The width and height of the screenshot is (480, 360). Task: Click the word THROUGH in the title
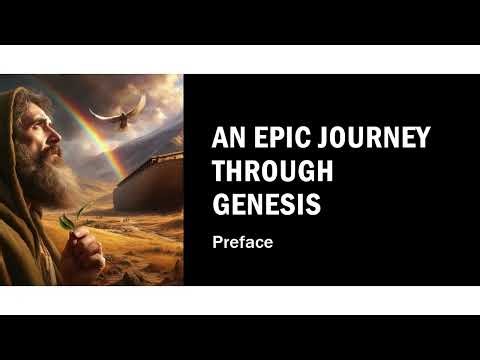(273, 171)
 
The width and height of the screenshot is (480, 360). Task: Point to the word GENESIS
(267, 205)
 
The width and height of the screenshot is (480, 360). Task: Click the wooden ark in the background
(150, 183)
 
